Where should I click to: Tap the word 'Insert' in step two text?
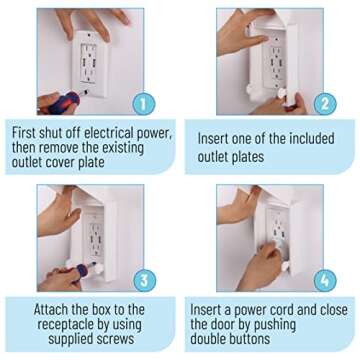click(222, 140)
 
